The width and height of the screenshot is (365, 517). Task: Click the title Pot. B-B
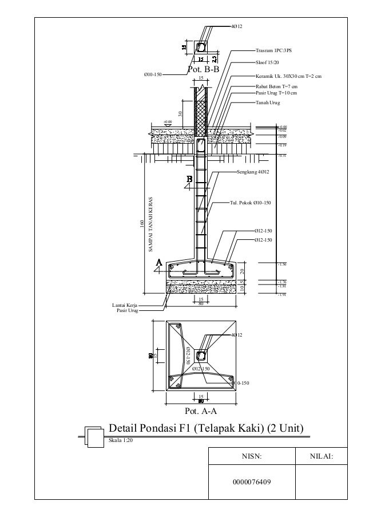pyautogui.click(x=203, y=69)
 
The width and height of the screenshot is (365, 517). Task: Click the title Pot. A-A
pyautogui.click(x=201, y=411)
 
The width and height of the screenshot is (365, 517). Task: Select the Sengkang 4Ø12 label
pyautogui.click(x=253, y=172)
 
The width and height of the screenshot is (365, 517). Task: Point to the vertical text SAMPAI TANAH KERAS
pyautogui.click(x=150, y=220)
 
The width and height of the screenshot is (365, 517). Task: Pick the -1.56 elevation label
pyautogui.click(x=281, y=265)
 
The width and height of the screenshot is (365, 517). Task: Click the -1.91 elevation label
pyautogui.click(x=281, y=295)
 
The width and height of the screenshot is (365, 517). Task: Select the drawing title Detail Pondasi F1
pyautogui.click(x=205, y=429)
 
